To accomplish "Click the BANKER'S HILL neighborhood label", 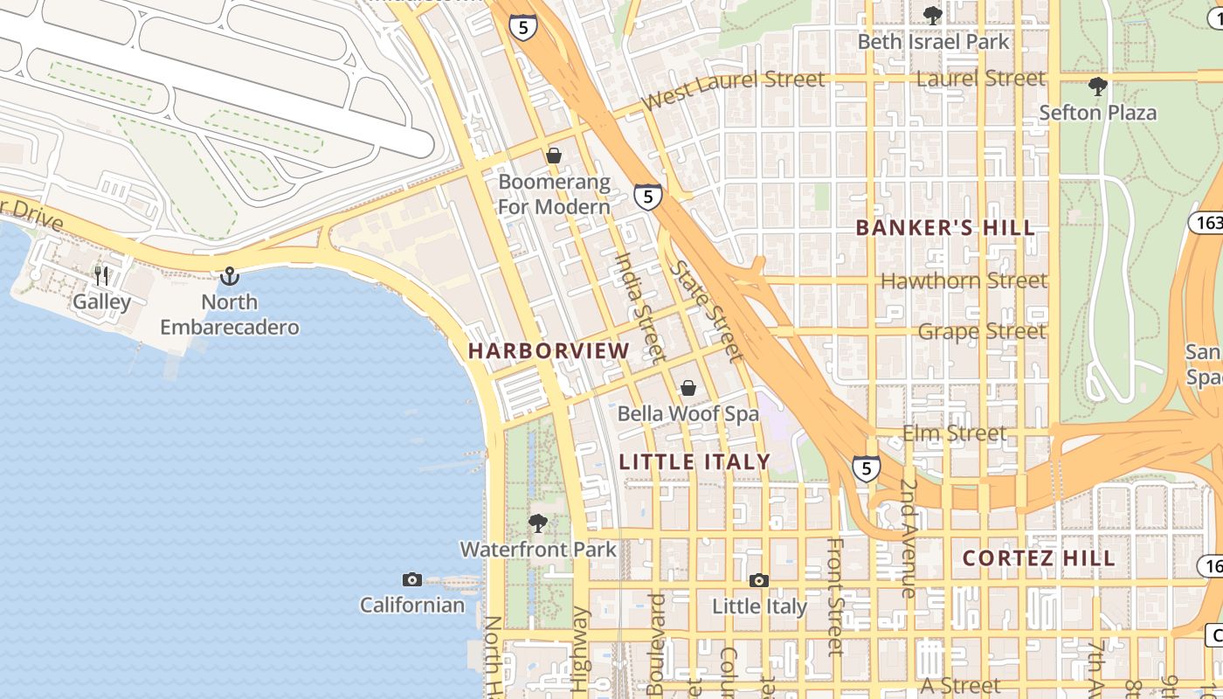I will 945,228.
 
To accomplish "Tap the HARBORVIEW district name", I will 549,351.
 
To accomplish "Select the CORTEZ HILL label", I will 1039,558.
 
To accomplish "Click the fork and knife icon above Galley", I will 102,276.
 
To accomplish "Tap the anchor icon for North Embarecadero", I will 229,276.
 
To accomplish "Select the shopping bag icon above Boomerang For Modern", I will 553,156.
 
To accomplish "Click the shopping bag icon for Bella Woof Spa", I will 688,388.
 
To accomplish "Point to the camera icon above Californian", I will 412,579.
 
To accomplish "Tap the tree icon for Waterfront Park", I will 538,523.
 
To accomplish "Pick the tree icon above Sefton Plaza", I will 1098,87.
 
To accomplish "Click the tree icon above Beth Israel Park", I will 933,15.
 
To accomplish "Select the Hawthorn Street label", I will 964,280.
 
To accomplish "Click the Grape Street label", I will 981,331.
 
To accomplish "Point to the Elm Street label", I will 954,433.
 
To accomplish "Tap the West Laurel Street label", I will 732,89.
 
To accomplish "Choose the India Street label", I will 639,307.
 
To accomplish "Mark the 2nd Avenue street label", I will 909,538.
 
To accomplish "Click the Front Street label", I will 835,596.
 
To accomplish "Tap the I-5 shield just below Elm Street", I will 866,469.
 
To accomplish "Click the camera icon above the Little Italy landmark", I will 759,580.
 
